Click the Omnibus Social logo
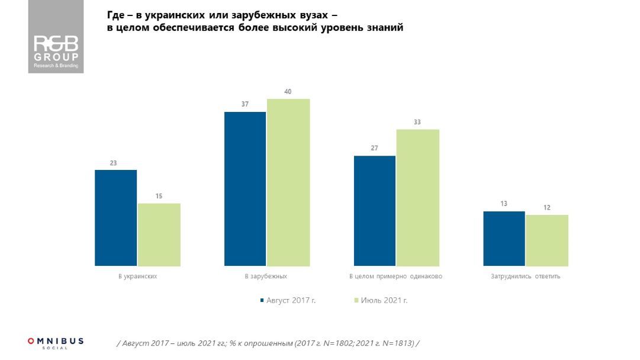point(55,342)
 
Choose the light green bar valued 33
point(417,198)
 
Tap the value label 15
point(159,196)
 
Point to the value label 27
point(374,148)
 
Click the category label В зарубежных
point(266,277)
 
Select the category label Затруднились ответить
point(525,277)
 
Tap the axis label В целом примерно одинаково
point(395,277)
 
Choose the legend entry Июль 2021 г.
point(384,300)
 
